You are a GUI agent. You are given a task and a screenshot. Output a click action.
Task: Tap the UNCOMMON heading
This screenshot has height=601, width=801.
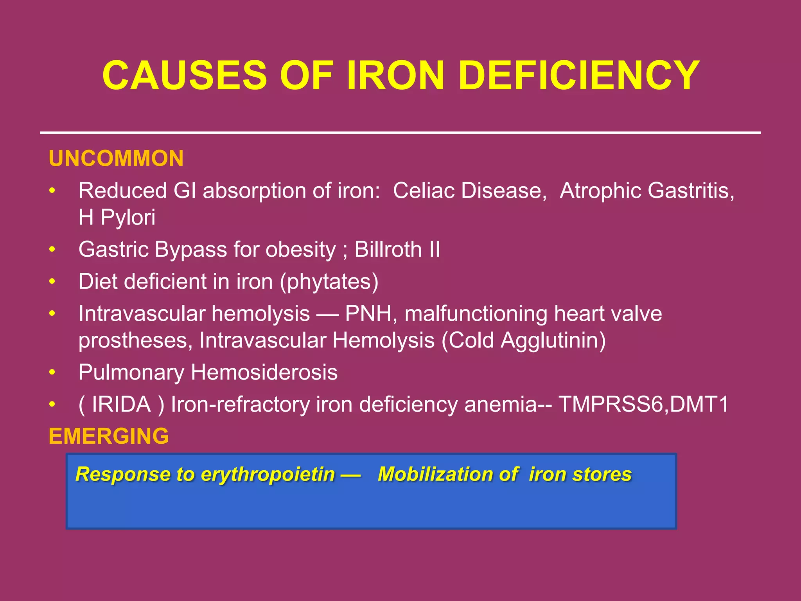pyautogui.click(x=116, y=158)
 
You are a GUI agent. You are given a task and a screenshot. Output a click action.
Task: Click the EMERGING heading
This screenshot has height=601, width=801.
pyautogui.click(x=109, y=436)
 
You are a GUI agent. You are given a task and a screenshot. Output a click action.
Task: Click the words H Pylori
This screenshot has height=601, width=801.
pyautogui.click(x=117, y=217)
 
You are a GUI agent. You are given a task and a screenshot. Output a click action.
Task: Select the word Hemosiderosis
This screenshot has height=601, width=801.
pyautogui.click(x=264, y=372)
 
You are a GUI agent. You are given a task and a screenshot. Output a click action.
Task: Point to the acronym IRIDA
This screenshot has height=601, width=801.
pyautogui.click(x=121, y=404)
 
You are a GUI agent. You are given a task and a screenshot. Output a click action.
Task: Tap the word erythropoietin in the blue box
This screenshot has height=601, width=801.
pyautogui.click(x=268, y=474)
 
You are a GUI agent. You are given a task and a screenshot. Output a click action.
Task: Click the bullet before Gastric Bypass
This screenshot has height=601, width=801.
pyautogui.click(x=52, y=250)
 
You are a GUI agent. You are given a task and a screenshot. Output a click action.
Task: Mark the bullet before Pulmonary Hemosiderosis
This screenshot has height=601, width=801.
pyautogui.click(x=52, y=372)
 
